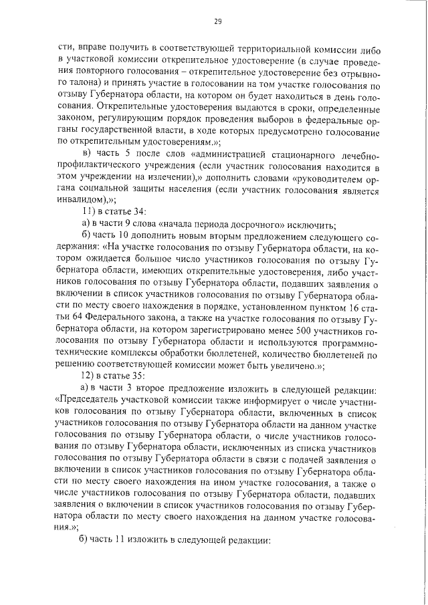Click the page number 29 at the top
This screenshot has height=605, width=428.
pyautogui.click(x=217, y=21)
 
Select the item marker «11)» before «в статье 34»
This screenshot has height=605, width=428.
pyautogui.click(x=87, y=213)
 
